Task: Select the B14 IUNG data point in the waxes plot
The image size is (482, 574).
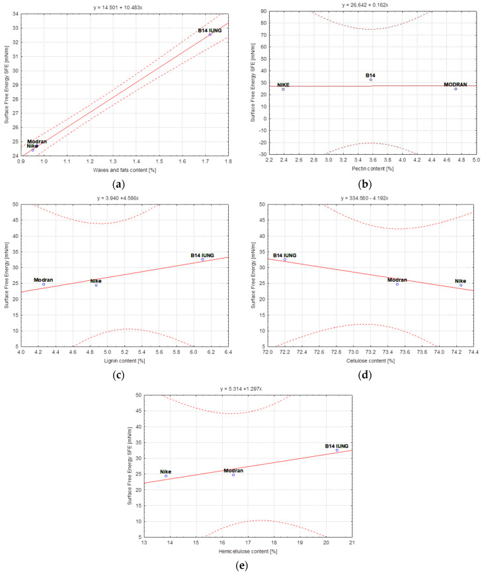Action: pyautogui.click(x=210, y=34)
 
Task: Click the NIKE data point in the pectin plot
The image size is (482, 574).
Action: pyautogui.click(x=284, y=89)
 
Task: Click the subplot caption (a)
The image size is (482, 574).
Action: pyautogui.click(x=118, y=186)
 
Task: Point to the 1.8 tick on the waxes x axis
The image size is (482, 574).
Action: pyautogui.click(x=229, y=163)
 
